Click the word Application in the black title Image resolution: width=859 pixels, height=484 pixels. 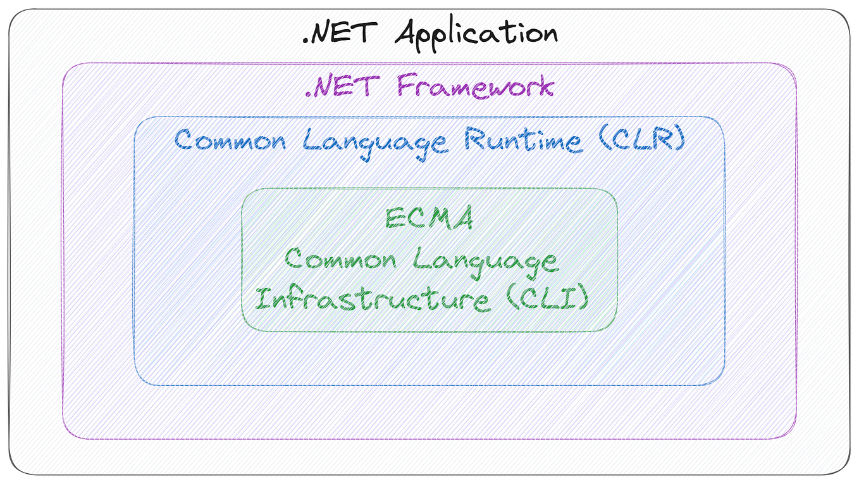476,33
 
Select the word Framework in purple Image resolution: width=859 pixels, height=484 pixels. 475,86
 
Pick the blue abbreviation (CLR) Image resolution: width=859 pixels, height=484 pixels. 640,139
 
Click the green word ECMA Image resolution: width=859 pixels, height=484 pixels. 429,219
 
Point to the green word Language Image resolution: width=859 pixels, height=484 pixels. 486,261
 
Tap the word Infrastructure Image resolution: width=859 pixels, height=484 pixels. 372,298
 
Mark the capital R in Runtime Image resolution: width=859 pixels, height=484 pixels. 474,139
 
